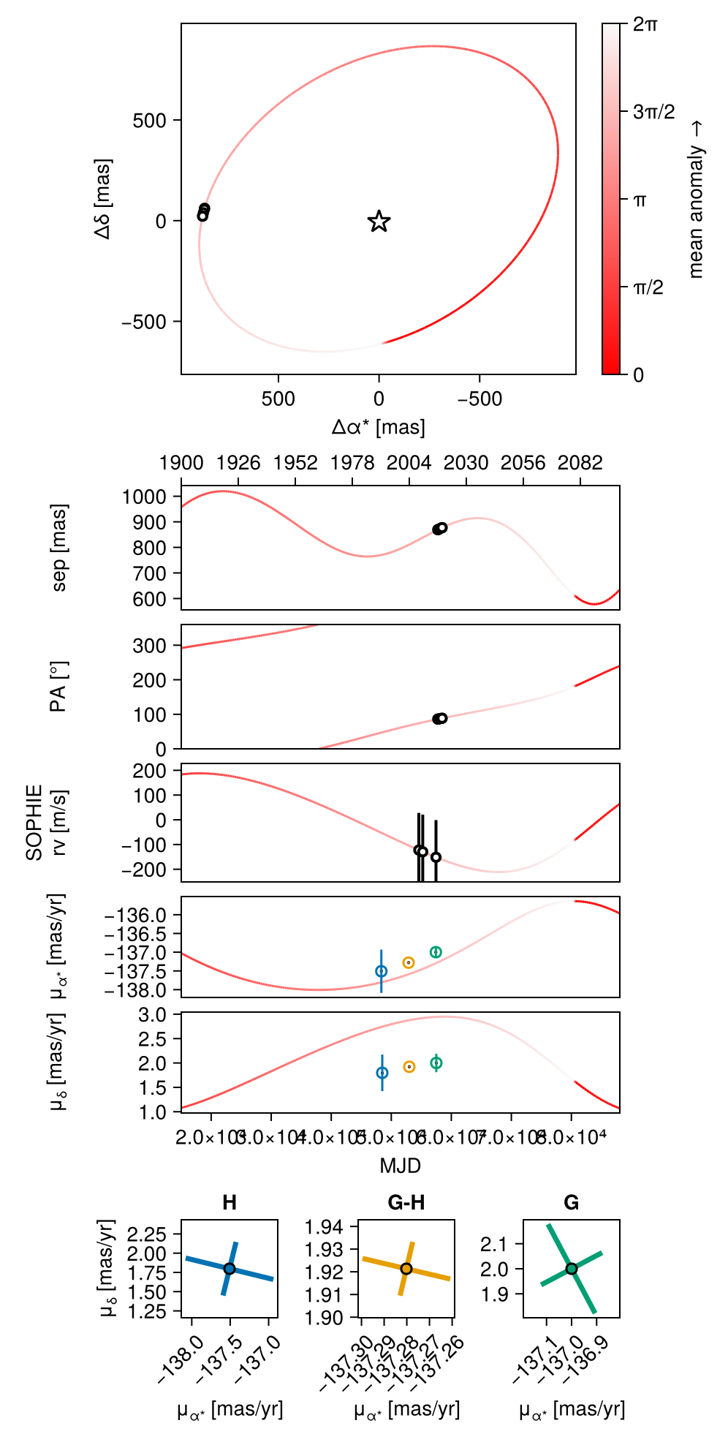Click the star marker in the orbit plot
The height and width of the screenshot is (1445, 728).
[379, 221]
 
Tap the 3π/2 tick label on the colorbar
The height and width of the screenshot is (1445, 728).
[653, 112]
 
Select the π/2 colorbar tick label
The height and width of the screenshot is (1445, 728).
[648, 287]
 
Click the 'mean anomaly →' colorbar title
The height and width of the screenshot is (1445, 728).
[696, 200]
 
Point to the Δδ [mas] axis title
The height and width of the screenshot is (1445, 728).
[103, 198]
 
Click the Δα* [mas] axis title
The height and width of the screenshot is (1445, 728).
[379, 426]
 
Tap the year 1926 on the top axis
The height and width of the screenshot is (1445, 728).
[238, 463]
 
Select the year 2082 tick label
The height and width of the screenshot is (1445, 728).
[580, 463]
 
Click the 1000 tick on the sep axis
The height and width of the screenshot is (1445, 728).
[145, 497]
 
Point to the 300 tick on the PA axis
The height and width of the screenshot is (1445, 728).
[150, 646]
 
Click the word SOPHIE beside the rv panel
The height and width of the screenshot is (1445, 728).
[34, 823]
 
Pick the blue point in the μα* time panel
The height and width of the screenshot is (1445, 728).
[382, 971]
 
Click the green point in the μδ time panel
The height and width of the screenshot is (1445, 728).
[436, 1063]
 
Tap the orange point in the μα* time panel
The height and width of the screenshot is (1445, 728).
[409, 962]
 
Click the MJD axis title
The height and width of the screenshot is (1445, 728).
[401, 1166]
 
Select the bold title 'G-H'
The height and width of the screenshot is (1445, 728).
[406, 1203]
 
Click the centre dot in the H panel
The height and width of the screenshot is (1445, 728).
[230, 1269]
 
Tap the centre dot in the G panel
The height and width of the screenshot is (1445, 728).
[572, 1269]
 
